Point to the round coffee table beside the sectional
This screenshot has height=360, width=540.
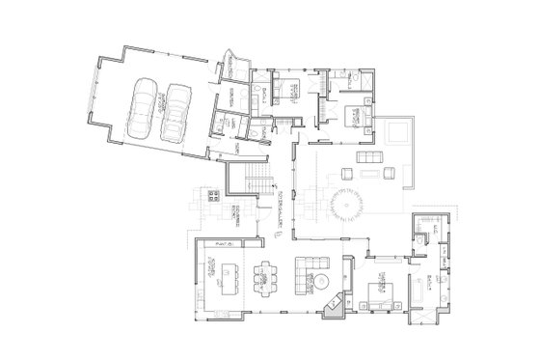click(x=324, y=281)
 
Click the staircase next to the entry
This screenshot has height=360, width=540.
click(x=256, y=178)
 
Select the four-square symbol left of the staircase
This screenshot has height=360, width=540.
click(x=215, y=196)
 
